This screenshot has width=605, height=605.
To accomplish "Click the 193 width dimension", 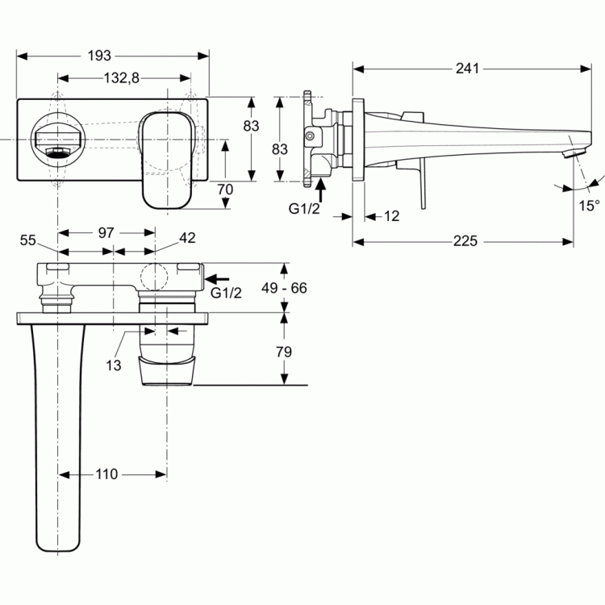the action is coord(99,56).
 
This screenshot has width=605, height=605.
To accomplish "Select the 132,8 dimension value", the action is coord(122,78).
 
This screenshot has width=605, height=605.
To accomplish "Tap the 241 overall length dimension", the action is coord(467,69).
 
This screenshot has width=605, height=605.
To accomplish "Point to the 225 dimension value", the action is coord(465,241).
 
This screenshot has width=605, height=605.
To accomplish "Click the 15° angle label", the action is coord(589,206).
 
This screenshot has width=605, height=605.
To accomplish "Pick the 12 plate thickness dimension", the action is coord(391,216).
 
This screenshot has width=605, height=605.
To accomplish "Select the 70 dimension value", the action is coord(225,190).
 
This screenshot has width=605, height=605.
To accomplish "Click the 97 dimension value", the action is coord(106,232).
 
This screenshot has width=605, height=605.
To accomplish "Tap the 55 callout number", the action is coord(27,240).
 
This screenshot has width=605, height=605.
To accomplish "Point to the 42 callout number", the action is coord(187,238).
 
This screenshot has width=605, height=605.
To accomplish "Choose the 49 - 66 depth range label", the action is coord(284,288).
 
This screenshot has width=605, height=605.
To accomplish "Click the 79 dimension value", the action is coord(284,352).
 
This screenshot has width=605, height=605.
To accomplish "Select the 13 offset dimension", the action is coord(114,365).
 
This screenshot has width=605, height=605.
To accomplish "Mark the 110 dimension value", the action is coord(106,474).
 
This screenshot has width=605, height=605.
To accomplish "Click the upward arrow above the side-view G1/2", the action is coord(320,190).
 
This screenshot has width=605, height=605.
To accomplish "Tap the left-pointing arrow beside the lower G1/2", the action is coord(217,278).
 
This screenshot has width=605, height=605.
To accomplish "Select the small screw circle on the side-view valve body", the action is coord(309,136).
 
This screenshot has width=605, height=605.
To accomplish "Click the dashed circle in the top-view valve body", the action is coord(154,277).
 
